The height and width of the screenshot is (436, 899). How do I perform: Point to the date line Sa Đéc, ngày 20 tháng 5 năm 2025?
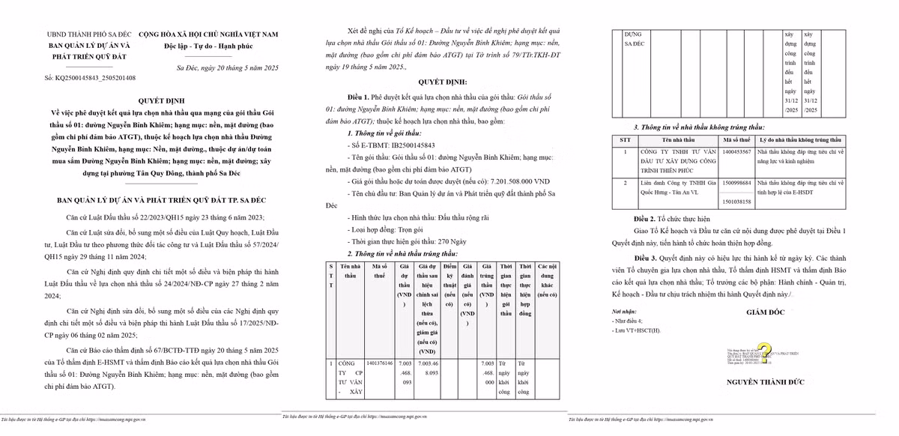point(227,68)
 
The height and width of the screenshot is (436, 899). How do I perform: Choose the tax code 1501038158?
point(736,201)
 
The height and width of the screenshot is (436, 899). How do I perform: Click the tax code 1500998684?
point(736,183)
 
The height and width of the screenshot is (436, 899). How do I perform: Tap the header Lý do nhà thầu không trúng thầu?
point(800,140)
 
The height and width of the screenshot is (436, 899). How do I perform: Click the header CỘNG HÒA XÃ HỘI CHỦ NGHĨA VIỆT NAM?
point(208,34)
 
